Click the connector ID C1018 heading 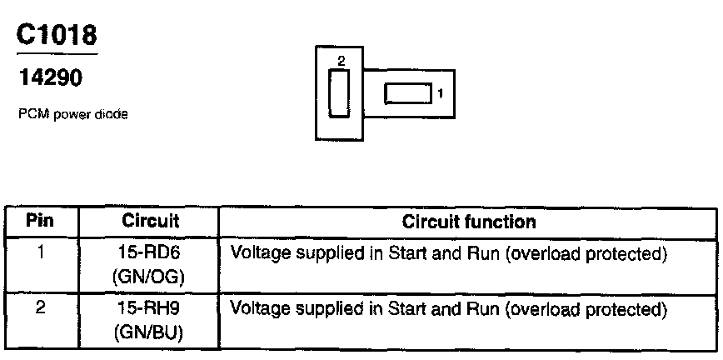click(x=57, y=35)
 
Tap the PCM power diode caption click(x=72, y=116)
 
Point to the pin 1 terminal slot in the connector click(x=408, y=93)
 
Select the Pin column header click(x=40, y=222)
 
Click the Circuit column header click(x=151, y=222)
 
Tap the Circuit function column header click(x=468, y=222)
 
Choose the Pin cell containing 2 click(x=40, y=309)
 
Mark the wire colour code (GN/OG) click(x=151, y=274)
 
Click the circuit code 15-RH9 click(x=151, y=309)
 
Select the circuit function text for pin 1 click(x=448, y=253)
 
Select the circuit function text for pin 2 click(x=448, y=309)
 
